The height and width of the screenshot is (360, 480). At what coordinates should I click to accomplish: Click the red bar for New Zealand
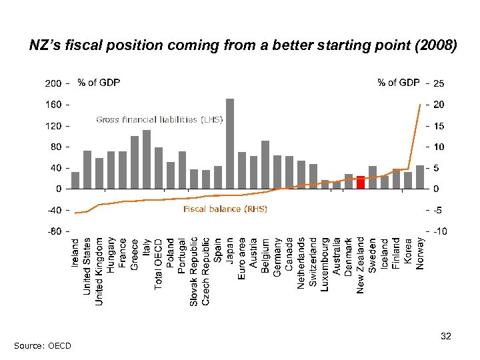pyautogui.click(x=361, y=182)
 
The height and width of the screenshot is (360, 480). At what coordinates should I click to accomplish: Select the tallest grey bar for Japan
pyautogui.click(x=230, y=143)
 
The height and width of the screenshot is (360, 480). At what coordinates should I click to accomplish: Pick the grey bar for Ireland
pyautogui.click(x=75, y=180)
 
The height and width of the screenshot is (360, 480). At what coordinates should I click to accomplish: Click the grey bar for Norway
pyautogui.click(x=420, y=177)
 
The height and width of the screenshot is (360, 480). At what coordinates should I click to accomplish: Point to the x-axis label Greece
pyautogui.click(x=135, y=255)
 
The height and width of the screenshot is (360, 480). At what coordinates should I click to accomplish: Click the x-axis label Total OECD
pyautogui.click(x=159, y=264)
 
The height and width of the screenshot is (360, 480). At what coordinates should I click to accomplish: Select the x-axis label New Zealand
pyautogui.click(x=361, y=265)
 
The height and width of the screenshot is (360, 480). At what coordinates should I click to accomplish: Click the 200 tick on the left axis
pyautogui.click(x=53, y=84)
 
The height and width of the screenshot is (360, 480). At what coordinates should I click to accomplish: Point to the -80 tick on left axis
pyautogui.click(x=53, y=231)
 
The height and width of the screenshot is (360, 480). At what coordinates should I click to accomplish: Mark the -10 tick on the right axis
pyautogui.click(x=438, y=231)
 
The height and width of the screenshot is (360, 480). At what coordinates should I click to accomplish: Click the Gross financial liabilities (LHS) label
pyautogui.click(x=159, y=120)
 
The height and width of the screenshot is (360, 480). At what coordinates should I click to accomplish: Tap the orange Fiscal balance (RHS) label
pyautogui.click(x=225, y=209)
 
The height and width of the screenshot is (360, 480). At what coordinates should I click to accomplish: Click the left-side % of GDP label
pyautogui.click(x=99, y=83)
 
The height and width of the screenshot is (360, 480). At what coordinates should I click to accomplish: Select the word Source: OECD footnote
pyautogui.click(x=41, y=345)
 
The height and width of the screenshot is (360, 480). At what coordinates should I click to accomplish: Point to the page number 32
pyautogui.click(x=446, y=337)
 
